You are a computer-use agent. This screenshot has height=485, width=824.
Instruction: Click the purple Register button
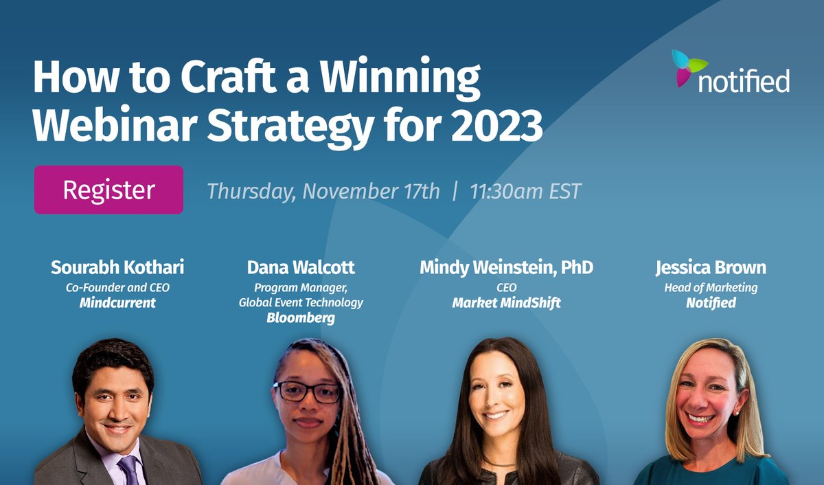108,190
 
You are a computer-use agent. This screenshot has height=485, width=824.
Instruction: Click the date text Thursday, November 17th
323,190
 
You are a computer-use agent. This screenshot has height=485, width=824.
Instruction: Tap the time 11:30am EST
525,190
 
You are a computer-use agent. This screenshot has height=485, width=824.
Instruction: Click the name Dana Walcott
301,267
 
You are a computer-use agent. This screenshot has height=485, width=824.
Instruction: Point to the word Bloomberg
301,318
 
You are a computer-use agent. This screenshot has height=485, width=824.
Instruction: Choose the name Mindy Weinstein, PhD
507,267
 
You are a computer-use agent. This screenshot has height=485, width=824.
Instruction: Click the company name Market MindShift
507,302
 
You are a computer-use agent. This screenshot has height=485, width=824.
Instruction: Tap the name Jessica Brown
711,267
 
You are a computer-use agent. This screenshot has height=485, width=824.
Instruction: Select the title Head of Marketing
711,287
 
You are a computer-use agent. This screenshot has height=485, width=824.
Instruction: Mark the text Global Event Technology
301,302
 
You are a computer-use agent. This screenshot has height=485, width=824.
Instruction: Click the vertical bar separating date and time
455,190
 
